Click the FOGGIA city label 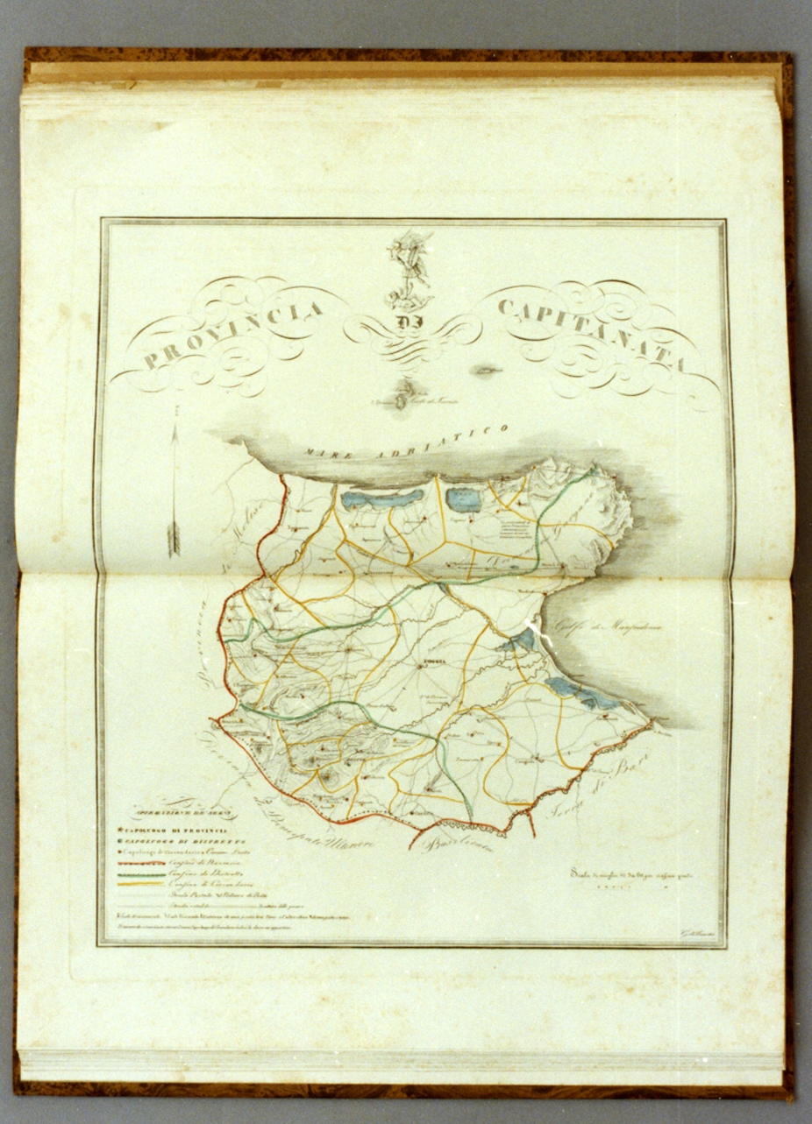tap(431, 663)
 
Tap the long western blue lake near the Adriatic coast tap(381, 500)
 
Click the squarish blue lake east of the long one tap(463, 500)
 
